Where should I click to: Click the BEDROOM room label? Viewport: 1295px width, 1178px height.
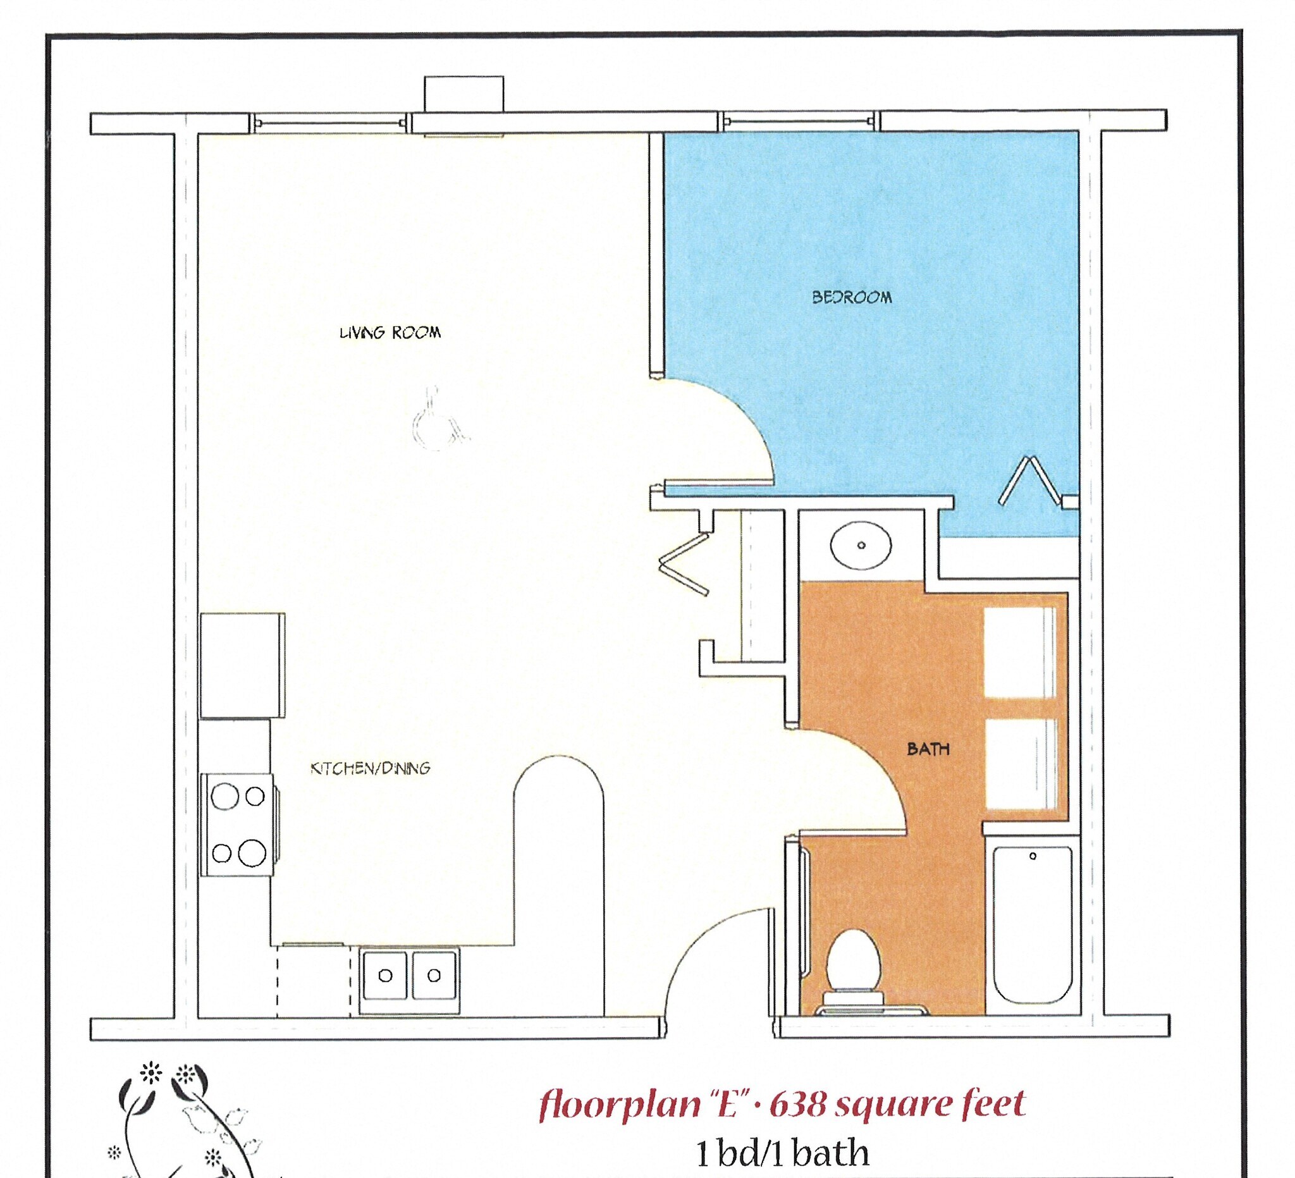pos(852,297)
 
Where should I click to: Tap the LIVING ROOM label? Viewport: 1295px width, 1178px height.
pos(390,333)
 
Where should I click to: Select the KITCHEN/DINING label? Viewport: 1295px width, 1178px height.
pos(370,768)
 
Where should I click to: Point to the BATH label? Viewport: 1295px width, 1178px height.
pos(928,748)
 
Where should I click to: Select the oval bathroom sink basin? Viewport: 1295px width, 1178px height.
pos(861,545)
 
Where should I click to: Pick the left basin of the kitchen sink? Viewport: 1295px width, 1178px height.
pos(385,976)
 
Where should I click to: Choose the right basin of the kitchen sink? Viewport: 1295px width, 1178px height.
pos(434,976)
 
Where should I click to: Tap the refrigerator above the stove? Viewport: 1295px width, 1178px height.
pos(242,665)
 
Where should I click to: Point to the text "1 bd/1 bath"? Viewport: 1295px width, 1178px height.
pos(782,1153)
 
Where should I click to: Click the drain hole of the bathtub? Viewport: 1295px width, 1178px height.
pos(1033,856)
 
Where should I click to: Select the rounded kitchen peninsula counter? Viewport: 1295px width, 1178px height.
pos(558,880)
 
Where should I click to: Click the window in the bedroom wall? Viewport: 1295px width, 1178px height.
pos(799,121)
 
